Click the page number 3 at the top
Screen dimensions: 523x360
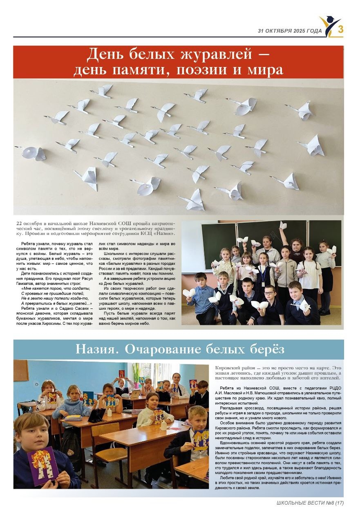(340, 29)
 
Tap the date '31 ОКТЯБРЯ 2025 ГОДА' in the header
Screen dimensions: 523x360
(290, 31)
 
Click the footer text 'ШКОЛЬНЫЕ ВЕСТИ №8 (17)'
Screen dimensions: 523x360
(310, 503)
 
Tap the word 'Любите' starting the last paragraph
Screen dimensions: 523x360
(228, 478)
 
